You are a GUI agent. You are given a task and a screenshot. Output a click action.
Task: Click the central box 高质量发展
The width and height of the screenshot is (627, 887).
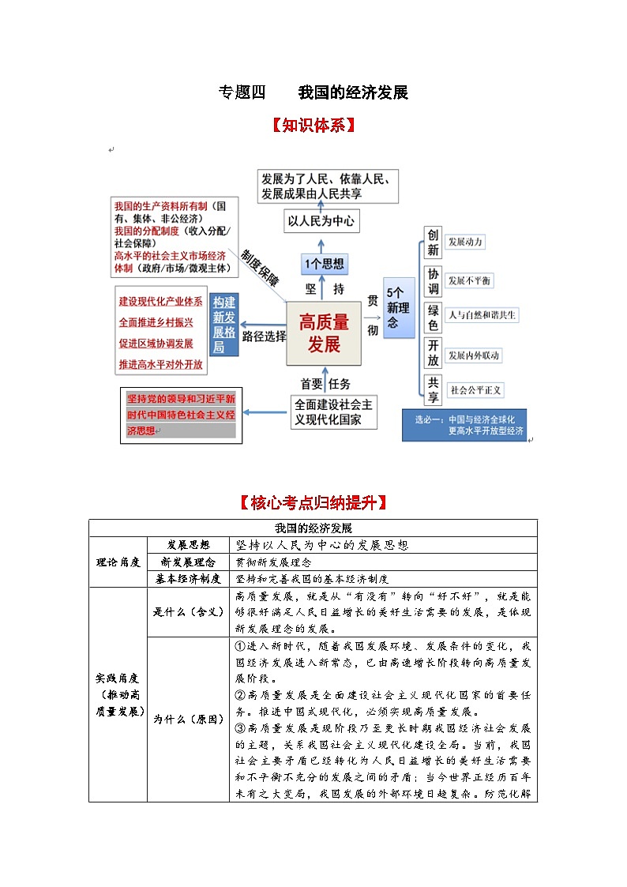click(324, 333)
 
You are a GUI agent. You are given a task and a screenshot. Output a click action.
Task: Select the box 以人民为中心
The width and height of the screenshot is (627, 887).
click(321, 221)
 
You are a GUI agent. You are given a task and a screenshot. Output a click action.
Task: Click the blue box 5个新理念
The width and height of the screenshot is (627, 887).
click(399, 308)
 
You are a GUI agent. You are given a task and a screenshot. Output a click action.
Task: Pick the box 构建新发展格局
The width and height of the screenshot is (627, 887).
click(224, 325)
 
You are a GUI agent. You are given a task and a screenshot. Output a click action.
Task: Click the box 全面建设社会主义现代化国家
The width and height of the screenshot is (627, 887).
click(332, 412)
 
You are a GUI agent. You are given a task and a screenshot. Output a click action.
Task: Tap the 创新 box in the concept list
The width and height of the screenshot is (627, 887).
click(433, 242)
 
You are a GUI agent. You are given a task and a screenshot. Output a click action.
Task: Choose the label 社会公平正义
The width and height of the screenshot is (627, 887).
click(475, 389)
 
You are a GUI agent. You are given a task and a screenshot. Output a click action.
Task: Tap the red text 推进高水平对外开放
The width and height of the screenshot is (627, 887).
click(160, 365)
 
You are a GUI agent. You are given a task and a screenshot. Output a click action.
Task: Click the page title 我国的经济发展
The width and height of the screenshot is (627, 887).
click(353, 92)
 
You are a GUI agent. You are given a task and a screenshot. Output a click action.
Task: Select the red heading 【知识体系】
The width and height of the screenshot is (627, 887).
click(313, 126)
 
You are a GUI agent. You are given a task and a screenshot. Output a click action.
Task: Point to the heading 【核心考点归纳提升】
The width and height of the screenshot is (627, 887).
click(313, 502)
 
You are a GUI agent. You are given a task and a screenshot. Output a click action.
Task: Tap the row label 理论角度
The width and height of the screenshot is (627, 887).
click(118, 562)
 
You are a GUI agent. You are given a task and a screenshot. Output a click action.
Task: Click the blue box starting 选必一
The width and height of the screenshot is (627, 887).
click(464, 426)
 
